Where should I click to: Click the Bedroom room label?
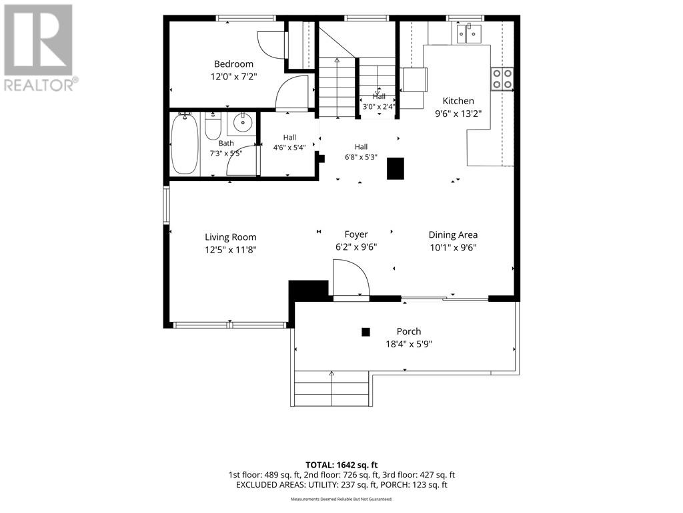coord(233,64)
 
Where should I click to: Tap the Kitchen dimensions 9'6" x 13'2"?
coord(458,114)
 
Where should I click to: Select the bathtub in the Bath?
coord(184,144)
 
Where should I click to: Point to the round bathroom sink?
coord(243,123)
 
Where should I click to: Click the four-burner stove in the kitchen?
coord(502,79)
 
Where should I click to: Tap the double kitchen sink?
coord(469,33)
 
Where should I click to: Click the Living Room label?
coord(230,237)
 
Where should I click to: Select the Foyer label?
coord(356,234)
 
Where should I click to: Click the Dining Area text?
coord(453,234)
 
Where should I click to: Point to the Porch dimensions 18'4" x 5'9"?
coord(409,344)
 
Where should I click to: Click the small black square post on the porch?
coord(366,332)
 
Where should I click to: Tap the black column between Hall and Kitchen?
coord(396,168)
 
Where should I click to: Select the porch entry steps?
coord(332,388)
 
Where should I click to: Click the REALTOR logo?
coord(39,48)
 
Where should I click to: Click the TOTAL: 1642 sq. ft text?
coord(341,465)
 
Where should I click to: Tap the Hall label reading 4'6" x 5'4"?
coord(289,148)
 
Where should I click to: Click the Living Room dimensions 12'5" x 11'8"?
coord(230,250)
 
